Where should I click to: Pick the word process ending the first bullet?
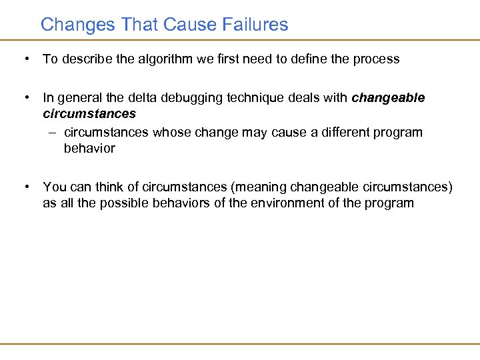[377, 59]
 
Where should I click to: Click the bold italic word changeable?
[388, 98]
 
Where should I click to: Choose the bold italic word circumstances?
[89, 114]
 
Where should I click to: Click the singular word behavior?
[89, 148]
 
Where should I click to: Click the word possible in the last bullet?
[123, 203]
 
